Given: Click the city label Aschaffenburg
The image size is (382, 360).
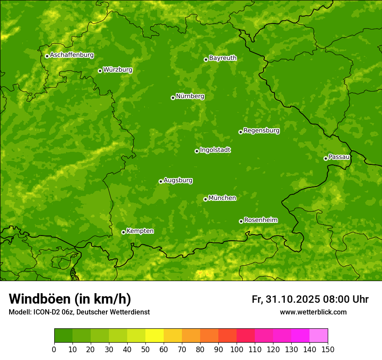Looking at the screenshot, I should pos(72,55).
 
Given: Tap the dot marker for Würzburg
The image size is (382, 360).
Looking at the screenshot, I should pos(100,71).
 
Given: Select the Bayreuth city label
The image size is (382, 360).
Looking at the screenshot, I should pos(223,58).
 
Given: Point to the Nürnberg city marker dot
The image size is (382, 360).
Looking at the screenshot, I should pos(173,98).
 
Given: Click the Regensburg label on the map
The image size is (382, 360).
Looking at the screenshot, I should pos(261,131).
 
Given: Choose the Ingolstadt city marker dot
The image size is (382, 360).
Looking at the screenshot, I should pos(197,151).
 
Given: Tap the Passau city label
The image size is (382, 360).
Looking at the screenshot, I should pos(339,157).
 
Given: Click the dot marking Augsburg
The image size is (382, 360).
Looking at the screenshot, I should pos(161,181).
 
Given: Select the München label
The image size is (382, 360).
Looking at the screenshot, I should pos(222,198).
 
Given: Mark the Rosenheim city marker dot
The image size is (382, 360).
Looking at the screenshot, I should pos(241,221).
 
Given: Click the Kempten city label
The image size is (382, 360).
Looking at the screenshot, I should pos(140,231).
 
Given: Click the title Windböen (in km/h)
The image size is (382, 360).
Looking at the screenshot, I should pos(70,299).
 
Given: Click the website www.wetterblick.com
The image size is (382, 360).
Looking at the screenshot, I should pos(313,312).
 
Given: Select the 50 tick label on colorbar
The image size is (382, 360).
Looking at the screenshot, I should pos(145,350).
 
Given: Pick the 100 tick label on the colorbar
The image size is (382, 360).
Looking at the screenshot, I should pos(237,350).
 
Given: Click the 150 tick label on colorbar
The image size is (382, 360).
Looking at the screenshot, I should pos(328,350).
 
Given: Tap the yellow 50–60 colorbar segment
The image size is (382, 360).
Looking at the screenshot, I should pos(155,336).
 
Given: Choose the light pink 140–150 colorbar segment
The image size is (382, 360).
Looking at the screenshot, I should pos(319,336).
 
